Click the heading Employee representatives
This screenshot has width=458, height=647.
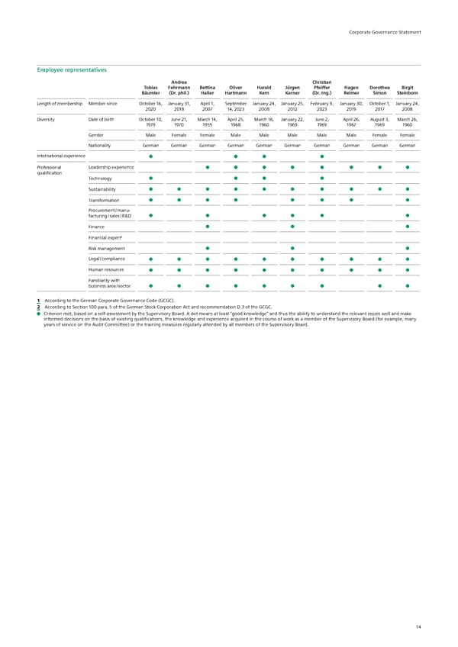click(72, 69)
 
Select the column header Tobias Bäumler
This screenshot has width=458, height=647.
click(150, 90)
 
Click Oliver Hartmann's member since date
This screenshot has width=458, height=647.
click(236, 105)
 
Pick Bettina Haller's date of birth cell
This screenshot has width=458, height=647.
click(207, 122)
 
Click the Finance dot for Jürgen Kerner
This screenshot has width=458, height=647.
click(292, 227)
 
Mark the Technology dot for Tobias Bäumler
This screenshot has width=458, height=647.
click(151, 179)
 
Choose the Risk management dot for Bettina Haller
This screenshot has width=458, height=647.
click(208, 249)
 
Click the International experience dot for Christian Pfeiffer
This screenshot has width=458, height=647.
click(321, 157)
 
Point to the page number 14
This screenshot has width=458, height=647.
click(419, 626)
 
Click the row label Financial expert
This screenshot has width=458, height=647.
click(105, 238)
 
